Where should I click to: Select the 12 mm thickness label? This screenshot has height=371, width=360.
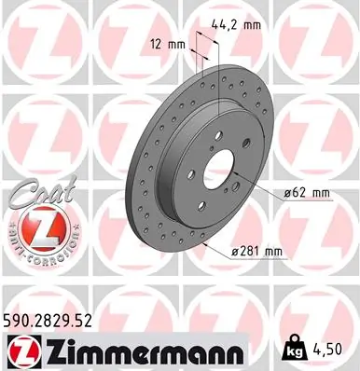coord(167,44)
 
